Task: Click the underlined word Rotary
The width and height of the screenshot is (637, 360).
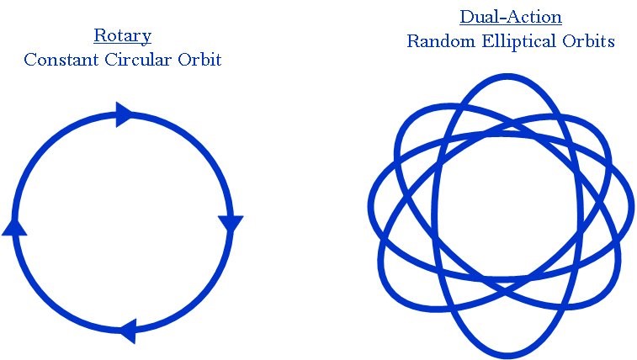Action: click(x=122, y=37)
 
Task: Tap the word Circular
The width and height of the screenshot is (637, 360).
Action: click(x=135, y=61)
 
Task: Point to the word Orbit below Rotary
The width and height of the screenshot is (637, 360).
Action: click(x=200, y=61)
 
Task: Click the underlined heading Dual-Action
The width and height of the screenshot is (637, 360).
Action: click(x=511, y=18)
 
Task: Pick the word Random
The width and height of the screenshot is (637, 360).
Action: click(x=436, y=40)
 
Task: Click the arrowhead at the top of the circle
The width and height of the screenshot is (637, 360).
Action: click(x=124, y=114)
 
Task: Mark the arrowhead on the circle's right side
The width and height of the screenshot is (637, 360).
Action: click(x=231, y=223)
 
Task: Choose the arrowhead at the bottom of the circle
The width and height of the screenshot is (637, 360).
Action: click(x=126, y=331)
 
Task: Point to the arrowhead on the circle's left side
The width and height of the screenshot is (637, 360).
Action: click(x=15, y=225)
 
